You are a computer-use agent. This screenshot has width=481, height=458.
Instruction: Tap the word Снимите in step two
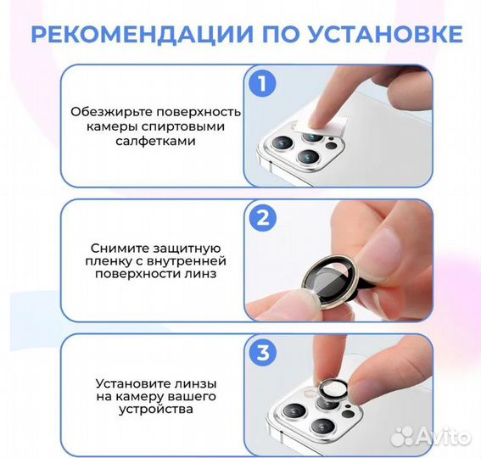[x=121, y=245]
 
